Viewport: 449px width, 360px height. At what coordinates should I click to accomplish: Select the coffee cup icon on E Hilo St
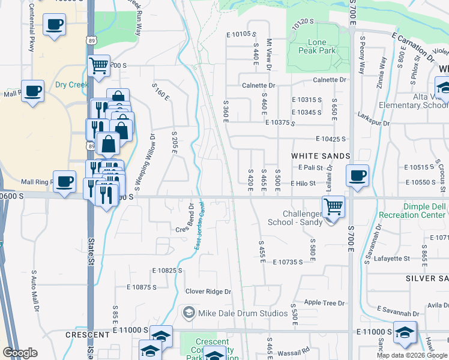pos(358,176)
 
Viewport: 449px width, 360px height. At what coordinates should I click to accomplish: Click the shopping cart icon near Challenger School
pos(333,207)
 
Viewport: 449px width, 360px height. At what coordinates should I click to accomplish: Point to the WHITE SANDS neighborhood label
pos(321,156)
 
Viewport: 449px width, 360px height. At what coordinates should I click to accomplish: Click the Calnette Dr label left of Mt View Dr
pos(258,85)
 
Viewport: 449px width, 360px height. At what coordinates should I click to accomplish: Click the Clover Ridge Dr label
pos(208,292)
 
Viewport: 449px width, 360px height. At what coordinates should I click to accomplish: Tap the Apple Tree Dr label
pos(325,303)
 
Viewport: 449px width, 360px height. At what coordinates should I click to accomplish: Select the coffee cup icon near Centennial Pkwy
pos(55,25)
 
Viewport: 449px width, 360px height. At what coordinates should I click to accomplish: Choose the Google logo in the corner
pos(20,353)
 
